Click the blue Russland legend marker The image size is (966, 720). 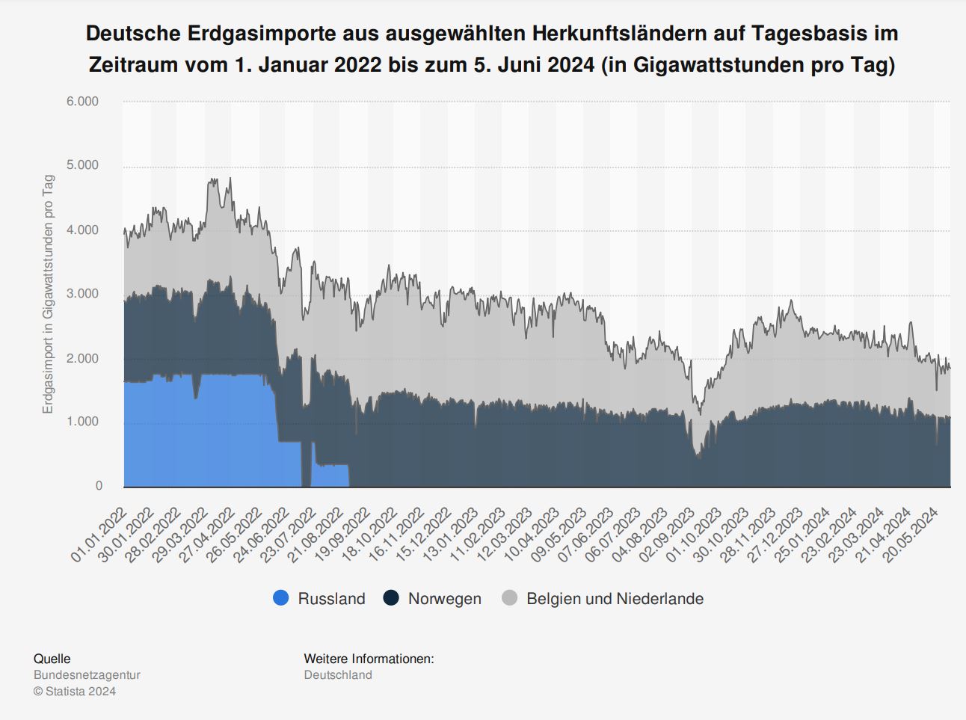[281, 598]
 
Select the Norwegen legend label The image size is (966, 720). [444, 599]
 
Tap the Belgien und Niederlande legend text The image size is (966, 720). [615, 599]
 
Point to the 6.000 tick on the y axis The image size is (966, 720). [82, 102]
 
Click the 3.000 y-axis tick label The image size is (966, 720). [82, 294]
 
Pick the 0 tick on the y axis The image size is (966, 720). [99, 486]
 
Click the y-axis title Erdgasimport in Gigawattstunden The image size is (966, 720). [49, 294]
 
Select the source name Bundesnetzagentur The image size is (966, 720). [87, 675]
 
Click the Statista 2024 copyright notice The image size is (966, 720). [75, 692]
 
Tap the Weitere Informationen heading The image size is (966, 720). [369, 659]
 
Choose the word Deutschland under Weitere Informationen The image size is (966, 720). [338, 675]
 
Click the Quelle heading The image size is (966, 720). [52, 659]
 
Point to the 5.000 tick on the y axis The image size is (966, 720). [82, 165]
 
